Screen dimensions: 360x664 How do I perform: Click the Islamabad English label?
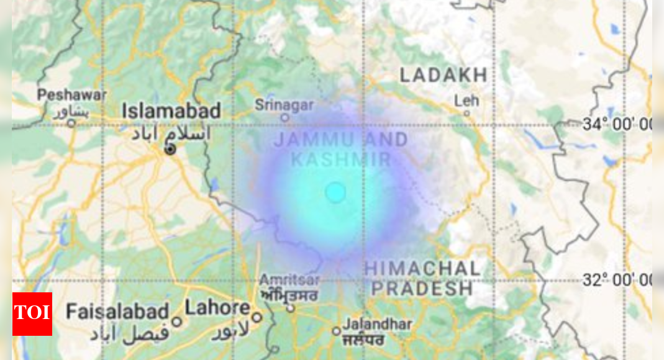click(x=171, y=111)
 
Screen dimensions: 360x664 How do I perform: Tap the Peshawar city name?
click(x=71, y=96)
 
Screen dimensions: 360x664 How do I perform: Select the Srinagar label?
click(x=284, y=105)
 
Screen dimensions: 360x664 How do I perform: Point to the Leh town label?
click(x=466, y=101)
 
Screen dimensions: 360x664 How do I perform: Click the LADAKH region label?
click(x=443, y=76)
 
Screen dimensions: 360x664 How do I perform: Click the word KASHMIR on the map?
click(x=341, y=160)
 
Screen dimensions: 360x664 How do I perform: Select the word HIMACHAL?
click(x=422, y=269)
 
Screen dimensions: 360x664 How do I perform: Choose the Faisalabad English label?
click(x=117, y=311)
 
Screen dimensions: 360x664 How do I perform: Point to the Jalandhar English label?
click(x=378, y=324)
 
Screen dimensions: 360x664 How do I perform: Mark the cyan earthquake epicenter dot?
click(x=335, y=192)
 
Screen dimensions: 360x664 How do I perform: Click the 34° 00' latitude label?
click(x=616, y=125)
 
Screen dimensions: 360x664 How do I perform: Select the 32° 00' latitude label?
click(x=616, y=281)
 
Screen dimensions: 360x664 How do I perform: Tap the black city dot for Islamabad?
click(x=170, y=150)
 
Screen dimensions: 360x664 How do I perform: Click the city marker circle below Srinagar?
click(x=284, y=117)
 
